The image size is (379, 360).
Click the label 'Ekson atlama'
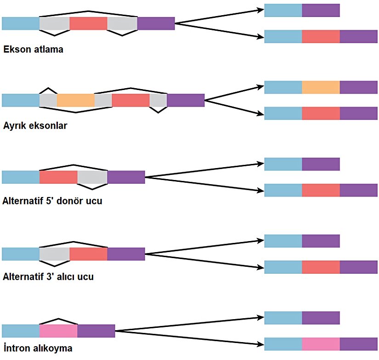click(x=33, y=50)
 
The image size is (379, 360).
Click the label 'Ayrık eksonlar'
click(x=35, y=125)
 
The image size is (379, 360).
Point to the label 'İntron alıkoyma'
click(x=37, y=349)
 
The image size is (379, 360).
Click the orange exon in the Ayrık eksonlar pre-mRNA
click(x=76, y=100)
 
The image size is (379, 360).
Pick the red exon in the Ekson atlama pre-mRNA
click(x=88, y=23)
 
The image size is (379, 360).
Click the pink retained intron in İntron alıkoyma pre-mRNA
click(x=58, y=331)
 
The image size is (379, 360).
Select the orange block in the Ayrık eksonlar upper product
click(x=321, y=87)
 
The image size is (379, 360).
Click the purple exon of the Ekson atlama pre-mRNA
click(x=156, y=23)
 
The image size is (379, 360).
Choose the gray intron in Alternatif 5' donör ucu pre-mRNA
click(x=92, y=177)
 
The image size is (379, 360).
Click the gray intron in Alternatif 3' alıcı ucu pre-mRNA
click(x=55, y=254)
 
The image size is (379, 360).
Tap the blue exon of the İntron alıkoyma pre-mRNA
click(x=21, y=331)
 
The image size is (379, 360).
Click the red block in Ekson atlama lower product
click(x=321, y=36)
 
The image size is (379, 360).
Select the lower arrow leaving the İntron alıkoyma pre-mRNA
click(x=188, y=337)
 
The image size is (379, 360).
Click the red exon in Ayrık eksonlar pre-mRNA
click(x=130, y=100)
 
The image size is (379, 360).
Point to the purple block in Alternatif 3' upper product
click(x=321, y=241)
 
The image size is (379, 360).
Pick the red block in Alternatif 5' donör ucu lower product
click(x=321, y=190)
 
